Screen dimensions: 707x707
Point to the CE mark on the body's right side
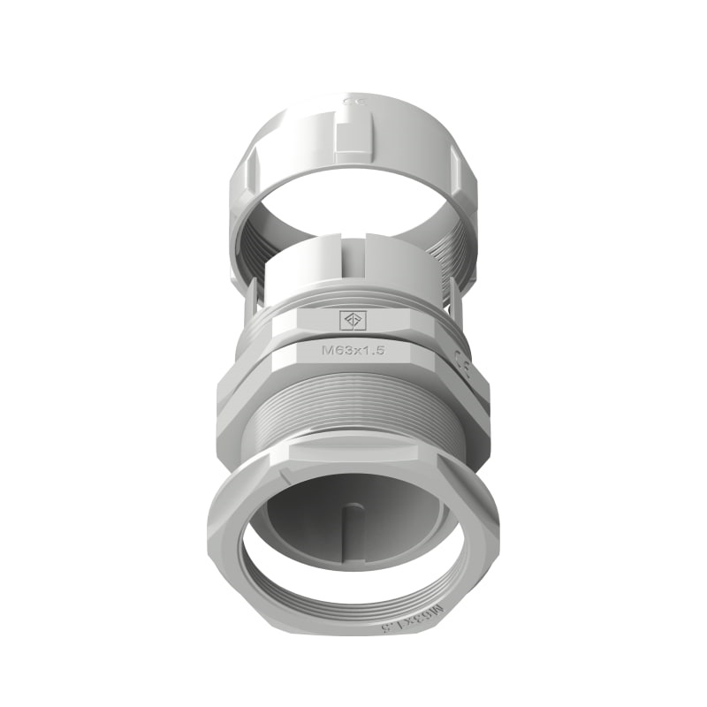coord(461,361)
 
